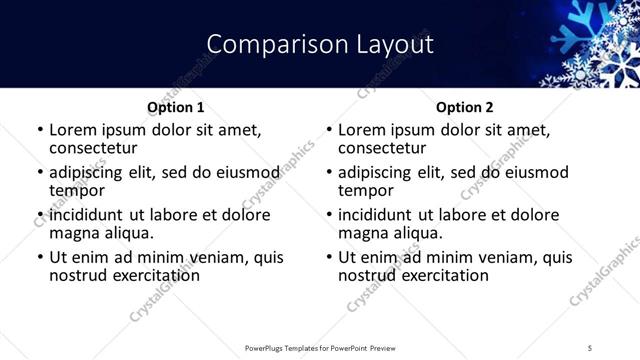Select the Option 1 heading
pyautogui.click(x=176, y=107)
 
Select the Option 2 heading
pyautogui.click(x=465, y=107)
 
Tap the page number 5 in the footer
pyautogui.click(x=590, y=347)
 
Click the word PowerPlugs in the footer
pyautogui.click(x=266, y=347)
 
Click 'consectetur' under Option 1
pyautogui.click(x=93, y=148)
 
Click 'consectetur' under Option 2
pyautogui.click(x=382, y=148)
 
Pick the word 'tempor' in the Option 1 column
pyautogui.click(x=77, y=190)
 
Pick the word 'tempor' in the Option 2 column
pyautogui.click(x=366, y=190)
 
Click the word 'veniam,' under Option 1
pyautogui.click(x=210, y=257)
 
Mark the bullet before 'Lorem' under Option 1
pyautogui.click(x=39, y=130)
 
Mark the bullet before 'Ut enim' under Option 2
pyautogui.click(x=328, y=257)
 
